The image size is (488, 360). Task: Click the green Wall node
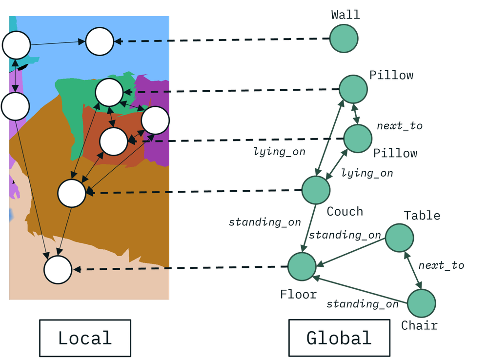pos(344,39)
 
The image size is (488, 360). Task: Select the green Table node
pos(400,238)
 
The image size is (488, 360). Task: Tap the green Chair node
pos(422,303)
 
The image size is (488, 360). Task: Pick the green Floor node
pos(302,267)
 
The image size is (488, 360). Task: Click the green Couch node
pos(316,190)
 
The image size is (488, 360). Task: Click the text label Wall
pos(346,15)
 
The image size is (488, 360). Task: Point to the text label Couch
pos(345,212)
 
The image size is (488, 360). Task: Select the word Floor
pos(299,295)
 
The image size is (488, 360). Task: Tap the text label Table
pos(422,216)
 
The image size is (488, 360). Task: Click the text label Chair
pos(419,325)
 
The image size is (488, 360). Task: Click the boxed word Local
pos(85,338)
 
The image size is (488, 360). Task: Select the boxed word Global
pos(339,338)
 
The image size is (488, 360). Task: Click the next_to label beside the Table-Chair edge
pos(441,265)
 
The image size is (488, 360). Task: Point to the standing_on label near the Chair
pos(362,304)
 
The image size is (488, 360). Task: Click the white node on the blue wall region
pos(100,41)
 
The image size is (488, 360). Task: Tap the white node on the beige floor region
pos(58,270)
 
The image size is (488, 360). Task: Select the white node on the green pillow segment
pos(109,92)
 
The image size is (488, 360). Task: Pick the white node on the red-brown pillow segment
pos(114,141)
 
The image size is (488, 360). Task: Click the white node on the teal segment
pos(17,45)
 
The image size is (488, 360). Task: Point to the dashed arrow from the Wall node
pos(220,40)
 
